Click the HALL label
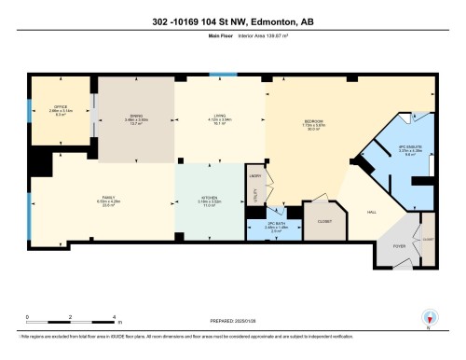pos(371,213)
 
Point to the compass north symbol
pos(430,319)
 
